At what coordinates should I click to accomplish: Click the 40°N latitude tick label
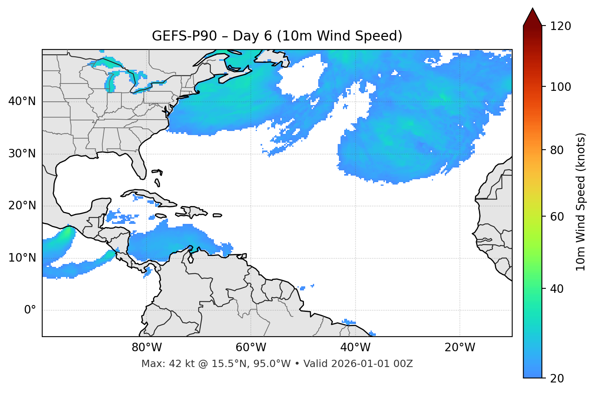coord(22,101)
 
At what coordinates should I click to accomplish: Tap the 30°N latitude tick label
coord(22,154)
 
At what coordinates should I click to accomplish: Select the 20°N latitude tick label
coord(22,206)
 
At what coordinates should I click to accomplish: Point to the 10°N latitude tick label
coord(22,258)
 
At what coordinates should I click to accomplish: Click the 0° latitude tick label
coord(30,310)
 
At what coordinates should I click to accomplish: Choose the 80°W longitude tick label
coord(147,348)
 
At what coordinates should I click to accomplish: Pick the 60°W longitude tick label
coord(251,348)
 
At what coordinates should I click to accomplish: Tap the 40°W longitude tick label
coord(355,348)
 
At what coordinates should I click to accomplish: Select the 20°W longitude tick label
coord(460,348)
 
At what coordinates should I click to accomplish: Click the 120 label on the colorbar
coord(560,26)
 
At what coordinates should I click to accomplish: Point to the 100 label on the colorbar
coord(560,87)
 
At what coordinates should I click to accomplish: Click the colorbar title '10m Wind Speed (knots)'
coord(581,202)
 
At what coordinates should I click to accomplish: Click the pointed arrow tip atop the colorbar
coord(532,10)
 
